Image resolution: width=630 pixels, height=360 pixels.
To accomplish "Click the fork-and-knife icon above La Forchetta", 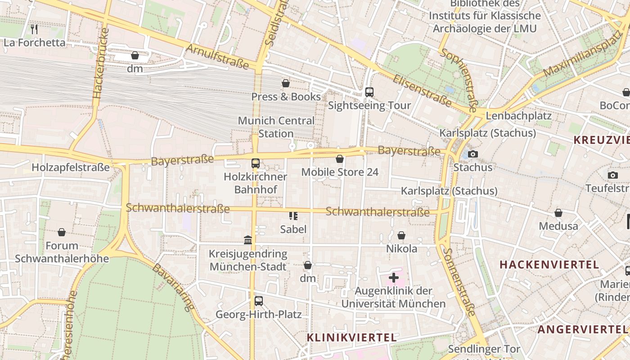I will pos(34,29).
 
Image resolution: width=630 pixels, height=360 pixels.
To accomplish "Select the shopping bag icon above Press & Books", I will pos(285,83).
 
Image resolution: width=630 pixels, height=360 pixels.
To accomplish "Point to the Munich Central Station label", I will pos(276,127).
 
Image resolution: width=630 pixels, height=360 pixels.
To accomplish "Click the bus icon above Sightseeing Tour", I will pos(369,92).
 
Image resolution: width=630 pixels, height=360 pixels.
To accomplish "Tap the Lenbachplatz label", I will pos(518,116).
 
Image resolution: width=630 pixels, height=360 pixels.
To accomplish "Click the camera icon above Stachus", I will pos(472,154).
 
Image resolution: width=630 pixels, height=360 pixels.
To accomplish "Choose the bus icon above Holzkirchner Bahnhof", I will pos(255,163).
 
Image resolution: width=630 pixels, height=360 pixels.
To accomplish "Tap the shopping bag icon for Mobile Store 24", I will pos(340,159).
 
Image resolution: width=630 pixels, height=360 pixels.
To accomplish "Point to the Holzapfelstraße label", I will pos(71,167).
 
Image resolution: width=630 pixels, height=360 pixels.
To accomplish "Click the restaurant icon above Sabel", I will pos(293,216).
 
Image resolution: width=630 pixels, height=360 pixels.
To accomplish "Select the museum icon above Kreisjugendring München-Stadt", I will pos(248,240).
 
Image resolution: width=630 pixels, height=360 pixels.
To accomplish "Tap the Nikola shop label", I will pos(401,248).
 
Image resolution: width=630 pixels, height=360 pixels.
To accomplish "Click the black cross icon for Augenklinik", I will pos(393,278).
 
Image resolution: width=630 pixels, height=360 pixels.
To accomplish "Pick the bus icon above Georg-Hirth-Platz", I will pos(258,301).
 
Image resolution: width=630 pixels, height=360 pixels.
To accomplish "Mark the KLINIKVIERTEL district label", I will pos(351,337).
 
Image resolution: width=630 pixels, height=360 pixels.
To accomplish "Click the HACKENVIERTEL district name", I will pos(549,265).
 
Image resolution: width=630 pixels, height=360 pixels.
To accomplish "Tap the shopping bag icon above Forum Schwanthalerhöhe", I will pos(62,232).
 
